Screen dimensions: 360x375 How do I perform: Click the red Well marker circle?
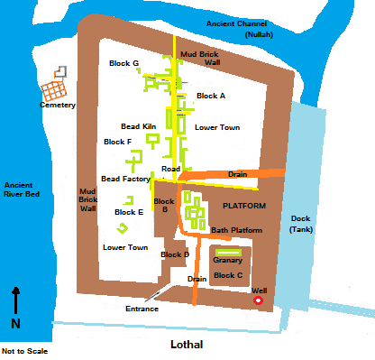259,300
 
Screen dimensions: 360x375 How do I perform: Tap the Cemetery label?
58,106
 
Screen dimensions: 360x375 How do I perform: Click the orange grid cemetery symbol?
53,89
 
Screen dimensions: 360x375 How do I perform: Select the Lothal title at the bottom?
187,345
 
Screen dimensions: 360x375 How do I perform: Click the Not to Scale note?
24,351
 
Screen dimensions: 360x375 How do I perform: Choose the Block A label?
211,95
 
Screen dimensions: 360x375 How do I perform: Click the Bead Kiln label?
139,126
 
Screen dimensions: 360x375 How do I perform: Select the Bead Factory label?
125,179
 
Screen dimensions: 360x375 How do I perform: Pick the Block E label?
129,212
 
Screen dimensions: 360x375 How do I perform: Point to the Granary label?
227,260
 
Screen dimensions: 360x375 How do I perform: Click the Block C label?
228,274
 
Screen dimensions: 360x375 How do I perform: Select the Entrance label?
142,309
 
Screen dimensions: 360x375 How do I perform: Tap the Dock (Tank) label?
300,224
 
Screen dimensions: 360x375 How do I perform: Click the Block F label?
117,142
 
